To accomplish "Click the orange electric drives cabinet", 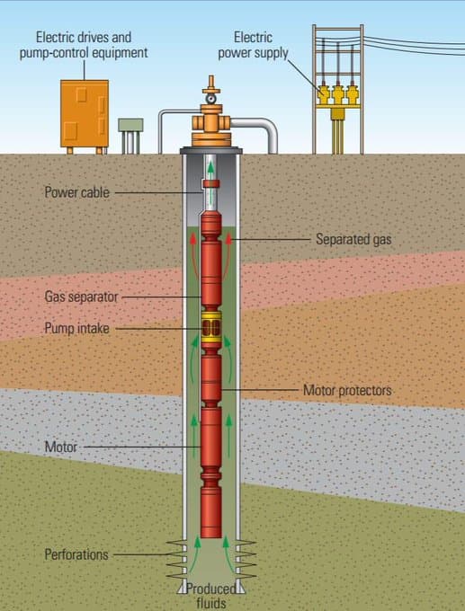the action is [85, 114].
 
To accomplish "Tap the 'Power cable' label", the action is [76, 192].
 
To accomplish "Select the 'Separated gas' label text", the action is [353, 239].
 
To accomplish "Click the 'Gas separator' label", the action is [81, 297].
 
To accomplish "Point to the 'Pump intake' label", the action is [76, 328].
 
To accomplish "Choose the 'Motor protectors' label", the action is [347, 390].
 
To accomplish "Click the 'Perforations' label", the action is [76, 554].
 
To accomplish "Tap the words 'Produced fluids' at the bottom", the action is [211, 596].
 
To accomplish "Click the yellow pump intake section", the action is [211, 327].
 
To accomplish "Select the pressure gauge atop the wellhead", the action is [211, 99].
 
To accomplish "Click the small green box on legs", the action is [130, 136].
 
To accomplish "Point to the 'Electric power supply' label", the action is [253, 45].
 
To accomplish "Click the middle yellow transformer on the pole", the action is [338, 94].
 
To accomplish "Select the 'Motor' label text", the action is [61, 447].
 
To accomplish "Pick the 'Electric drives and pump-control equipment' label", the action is [84, 45].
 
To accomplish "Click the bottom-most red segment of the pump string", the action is [211, 511].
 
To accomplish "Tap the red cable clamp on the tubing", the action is [211, 183].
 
